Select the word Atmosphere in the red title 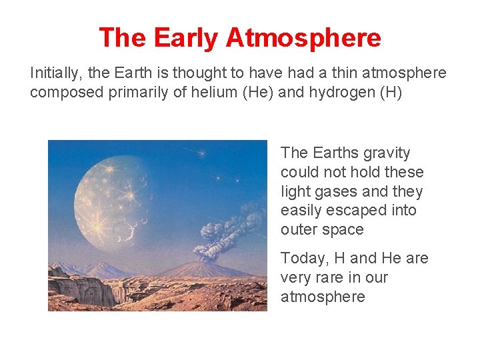pos(303,38)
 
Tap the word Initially pos(53,73)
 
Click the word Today pos(301,258)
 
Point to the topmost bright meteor pos(202,154)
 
